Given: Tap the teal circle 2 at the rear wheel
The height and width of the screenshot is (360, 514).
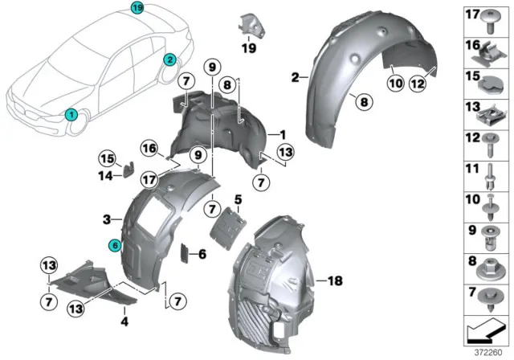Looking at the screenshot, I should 169,59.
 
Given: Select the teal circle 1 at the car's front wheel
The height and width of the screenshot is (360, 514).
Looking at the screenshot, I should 71,115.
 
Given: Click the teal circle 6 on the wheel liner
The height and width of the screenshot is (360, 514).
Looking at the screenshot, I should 115,247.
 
